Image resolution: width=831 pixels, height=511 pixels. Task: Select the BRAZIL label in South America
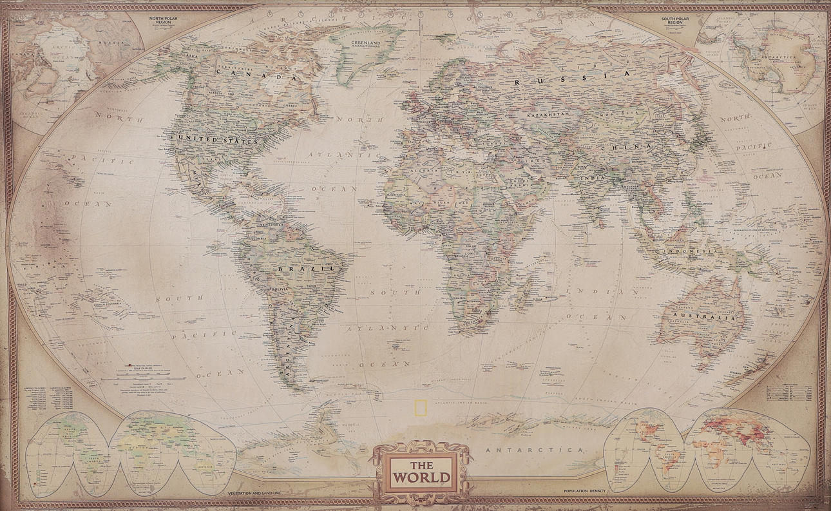pos(306,268)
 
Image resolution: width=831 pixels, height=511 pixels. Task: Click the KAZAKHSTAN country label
pos(548,114)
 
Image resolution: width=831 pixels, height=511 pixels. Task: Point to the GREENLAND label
pos(366,45)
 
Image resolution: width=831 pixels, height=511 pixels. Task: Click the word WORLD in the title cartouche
pos(422,477)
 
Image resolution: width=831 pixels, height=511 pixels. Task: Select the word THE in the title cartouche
pos(422,465)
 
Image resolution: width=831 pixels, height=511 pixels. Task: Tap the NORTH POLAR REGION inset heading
pos(164,20)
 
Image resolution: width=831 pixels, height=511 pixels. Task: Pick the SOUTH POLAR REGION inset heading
pos(676,20)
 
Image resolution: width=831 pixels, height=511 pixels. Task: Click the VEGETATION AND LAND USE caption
pos(254,493)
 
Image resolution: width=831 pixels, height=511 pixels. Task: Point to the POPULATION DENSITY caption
pos(584,492)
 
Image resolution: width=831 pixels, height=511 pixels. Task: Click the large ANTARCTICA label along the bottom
pos(535,449)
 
